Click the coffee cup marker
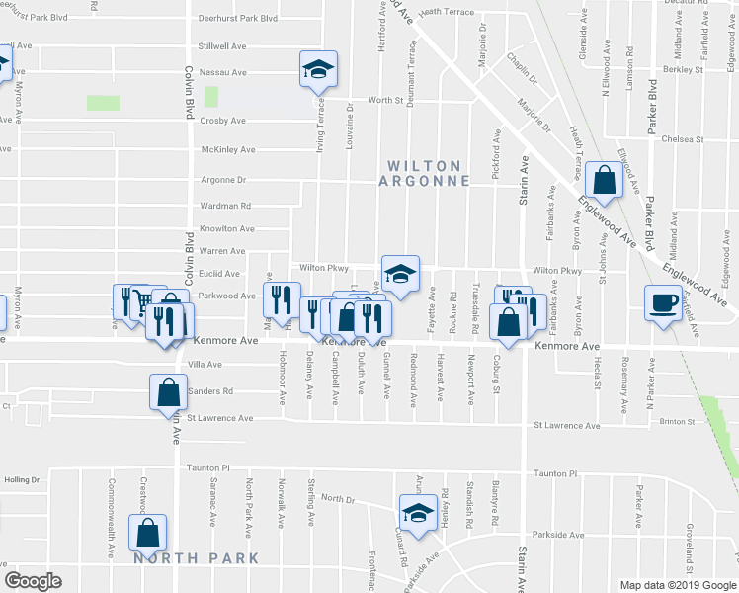point(662,301)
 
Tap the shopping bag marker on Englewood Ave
point(603,180)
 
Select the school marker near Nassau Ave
point(318,69)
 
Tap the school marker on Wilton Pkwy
point(400,274)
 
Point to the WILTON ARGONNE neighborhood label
point(424,173)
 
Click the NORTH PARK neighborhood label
point(196,558)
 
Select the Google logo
point(34,581)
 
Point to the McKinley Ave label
point(228,150)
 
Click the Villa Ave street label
point(205,365)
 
